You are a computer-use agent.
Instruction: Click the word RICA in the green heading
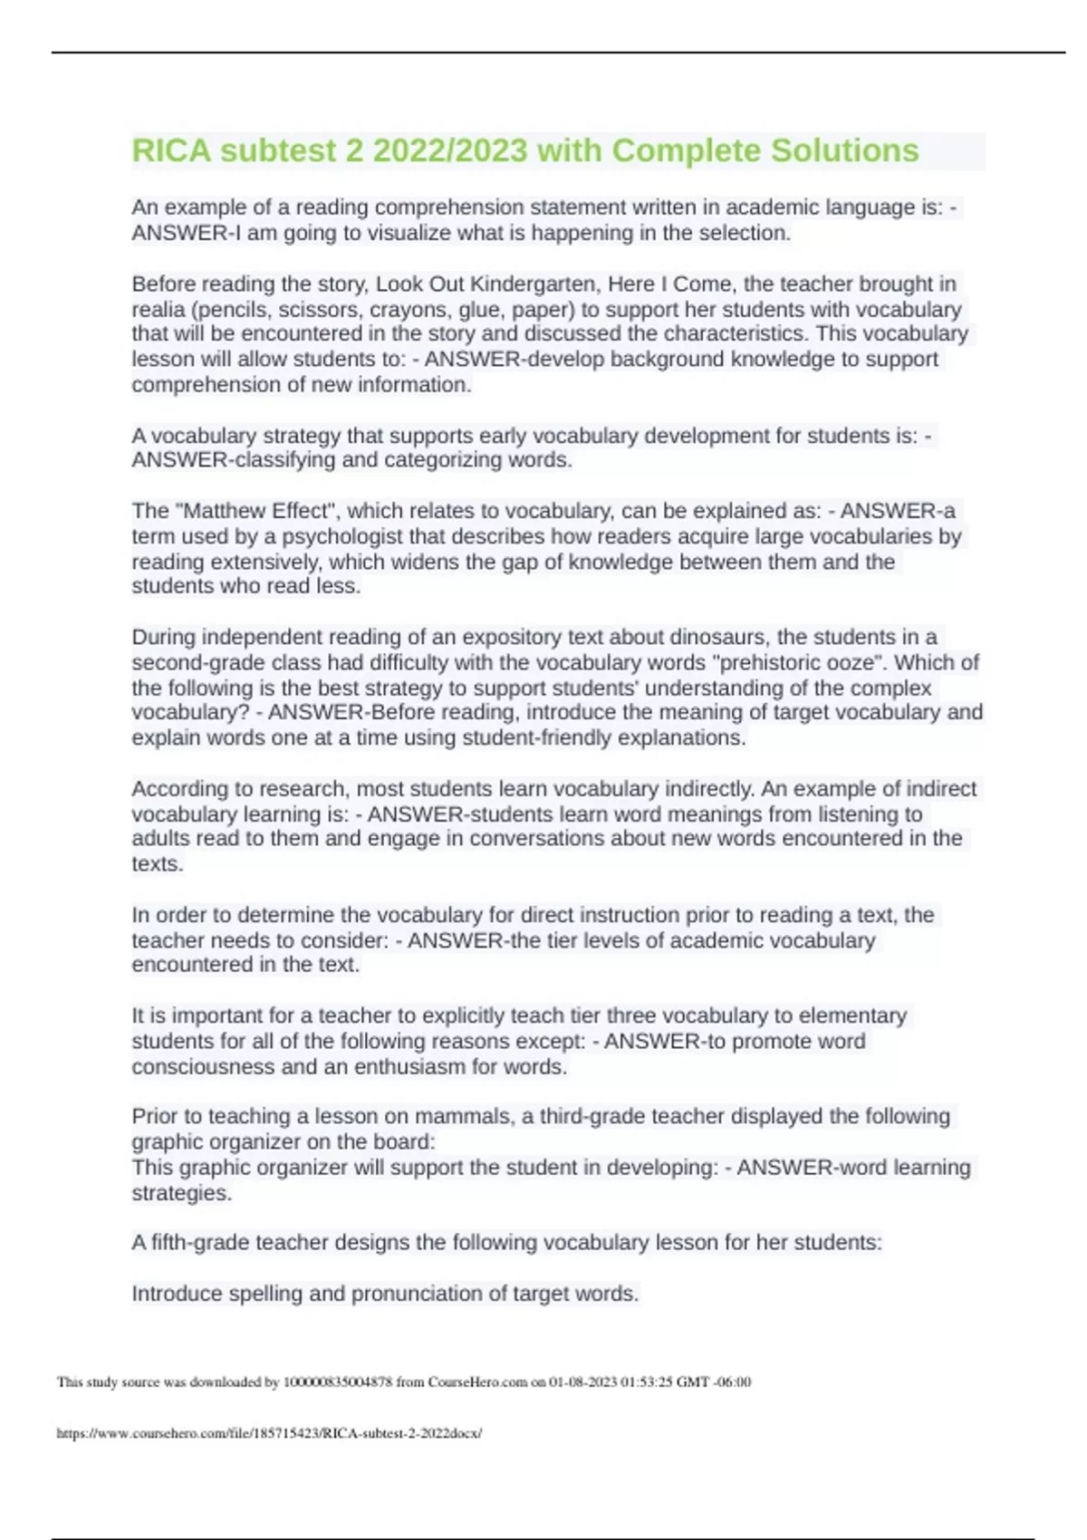(171, 150)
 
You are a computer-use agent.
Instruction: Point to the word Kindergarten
(534, 284)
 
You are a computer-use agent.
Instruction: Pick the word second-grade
(186, 662)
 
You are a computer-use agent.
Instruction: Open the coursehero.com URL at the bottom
(269, 1433)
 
